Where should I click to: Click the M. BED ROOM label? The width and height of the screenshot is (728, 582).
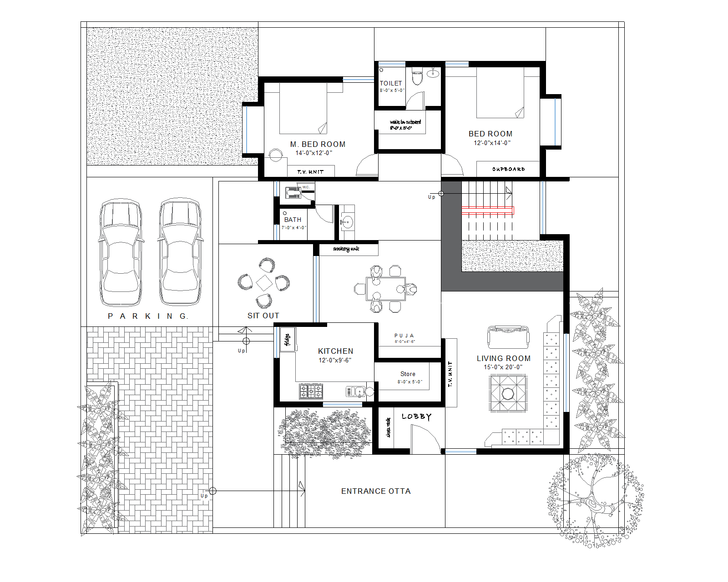pos(318,144)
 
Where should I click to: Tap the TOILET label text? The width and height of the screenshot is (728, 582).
pos(391,83)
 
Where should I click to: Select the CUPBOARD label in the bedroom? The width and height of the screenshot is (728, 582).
pos(508,169)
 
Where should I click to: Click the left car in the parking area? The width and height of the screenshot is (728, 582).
pos(121,252)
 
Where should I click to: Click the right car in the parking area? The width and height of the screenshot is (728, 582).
pos(180,252)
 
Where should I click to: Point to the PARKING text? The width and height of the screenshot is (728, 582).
pos(148,316)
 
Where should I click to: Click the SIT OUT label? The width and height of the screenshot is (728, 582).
pos(263,316)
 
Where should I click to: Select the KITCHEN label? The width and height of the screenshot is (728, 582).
pos(335,351)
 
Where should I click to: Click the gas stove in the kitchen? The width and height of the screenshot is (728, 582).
pos(311,391)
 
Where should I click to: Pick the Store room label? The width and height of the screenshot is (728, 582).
pos(408,374)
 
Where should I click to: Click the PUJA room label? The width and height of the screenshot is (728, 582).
pos(404,336)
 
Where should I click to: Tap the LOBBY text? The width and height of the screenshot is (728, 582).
pos(416,416)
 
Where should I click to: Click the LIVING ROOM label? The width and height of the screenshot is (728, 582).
pos(503,358)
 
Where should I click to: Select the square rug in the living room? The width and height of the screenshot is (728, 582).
pos(508,393)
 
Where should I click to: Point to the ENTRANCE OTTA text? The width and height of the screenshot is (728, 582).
pos(376,491)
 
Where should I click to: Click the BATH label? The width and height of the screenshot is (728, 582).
pos(293,220)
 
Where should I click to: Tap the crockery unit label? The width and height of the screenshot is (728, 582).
pos(346,249)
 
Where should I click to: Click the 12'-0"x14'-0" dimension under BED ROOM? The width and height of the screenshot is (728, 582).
pos(492,143)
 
